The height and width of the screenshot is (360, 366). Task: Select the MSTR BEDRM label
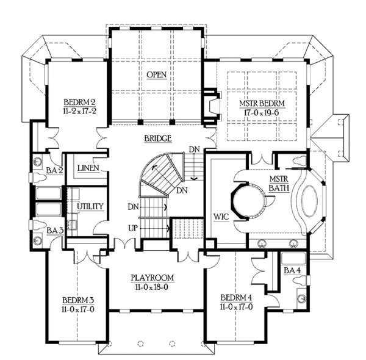[x=262, y=103]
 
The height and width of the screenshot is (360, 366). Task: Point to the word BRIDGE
[x=158, y=139]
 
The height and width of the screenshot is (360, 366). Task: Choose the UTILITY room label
[x=90, y=206]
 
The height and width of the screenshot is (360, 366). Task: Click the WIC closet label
[x=220, y=217]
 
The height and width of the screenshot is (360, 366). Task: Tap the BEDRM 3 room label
[x=78, y=300]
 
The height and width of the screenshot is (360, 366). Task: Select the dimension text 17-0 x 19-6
[x=263, y=112]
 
